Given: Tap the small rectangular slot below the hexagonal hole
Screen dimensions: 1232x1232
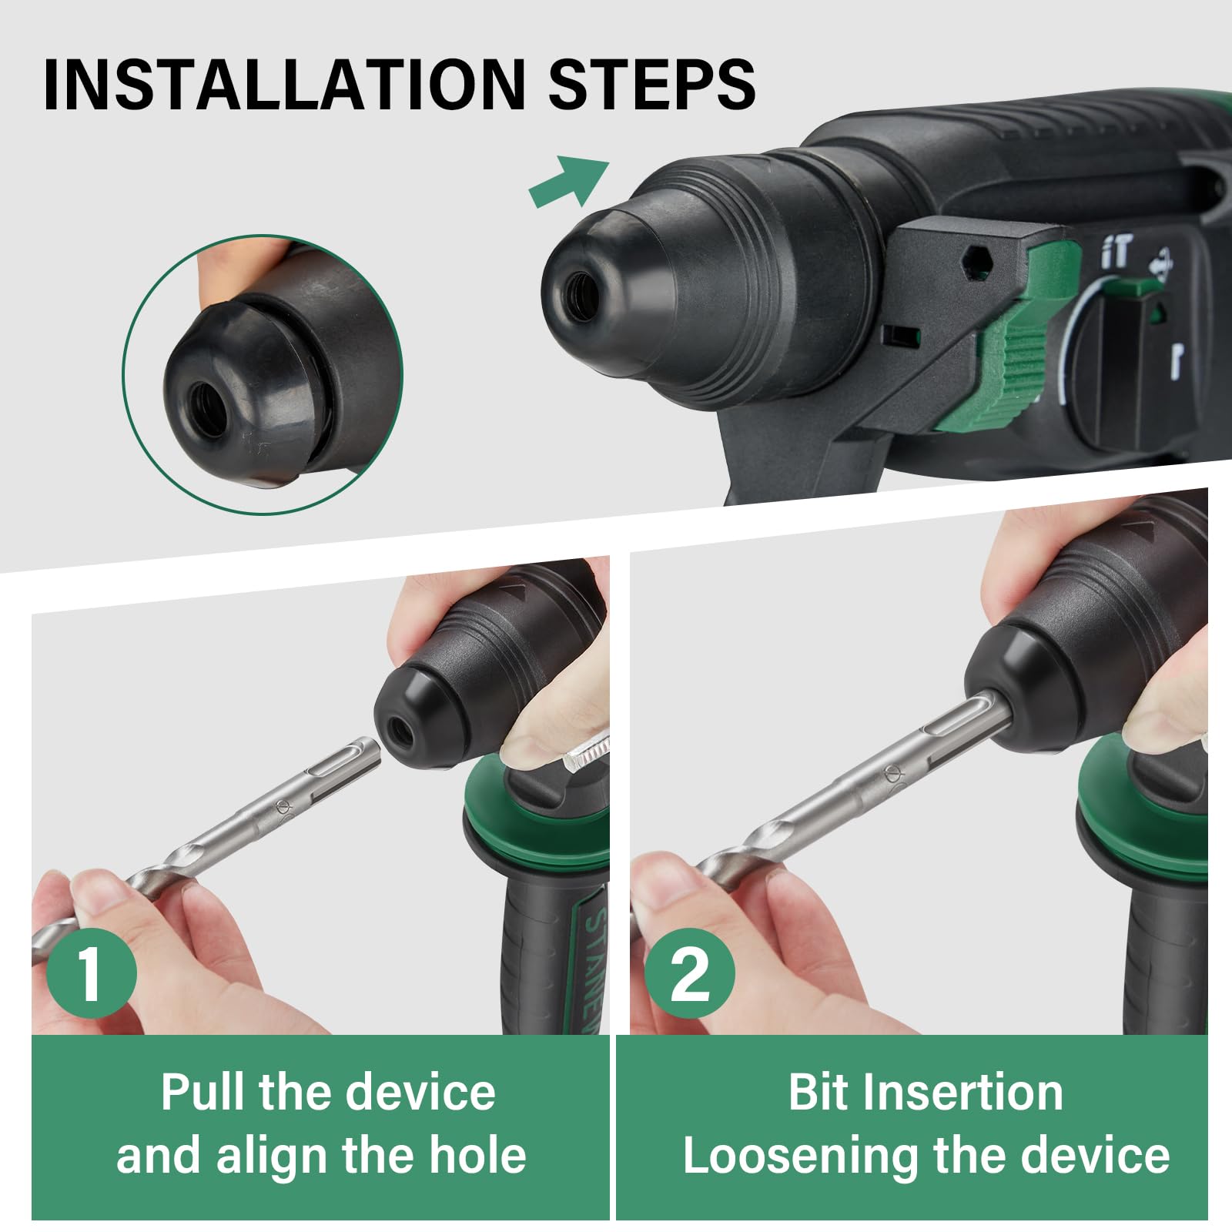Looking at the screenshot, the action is click(x=900, y=334).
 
